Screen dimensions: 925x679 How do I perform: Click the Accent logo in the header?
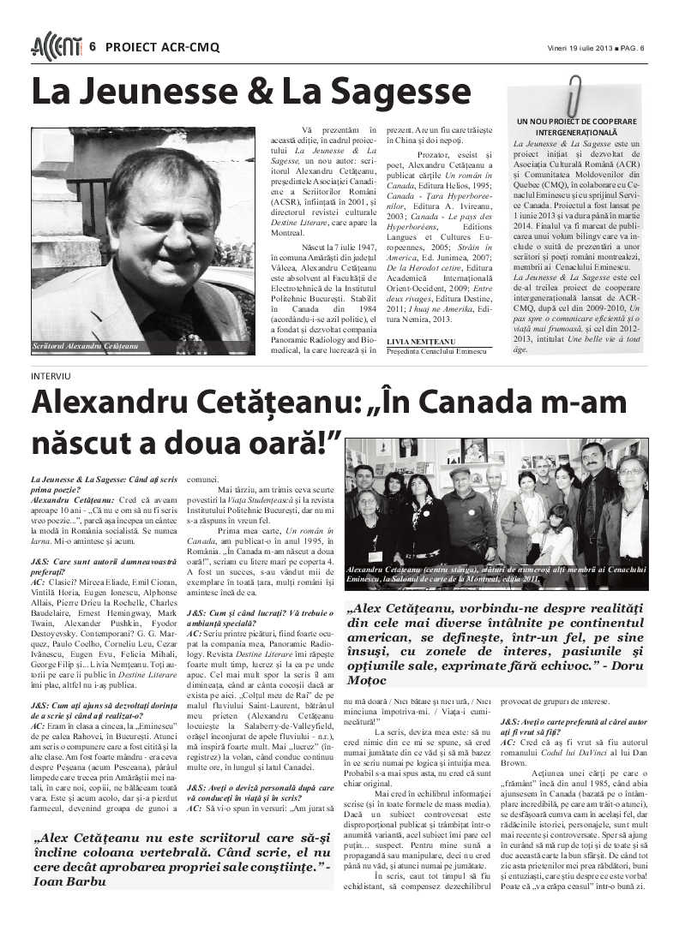tap(57, 47)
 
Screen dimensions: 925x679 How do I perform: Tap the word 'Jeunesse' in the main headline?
tap(165, 92)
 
